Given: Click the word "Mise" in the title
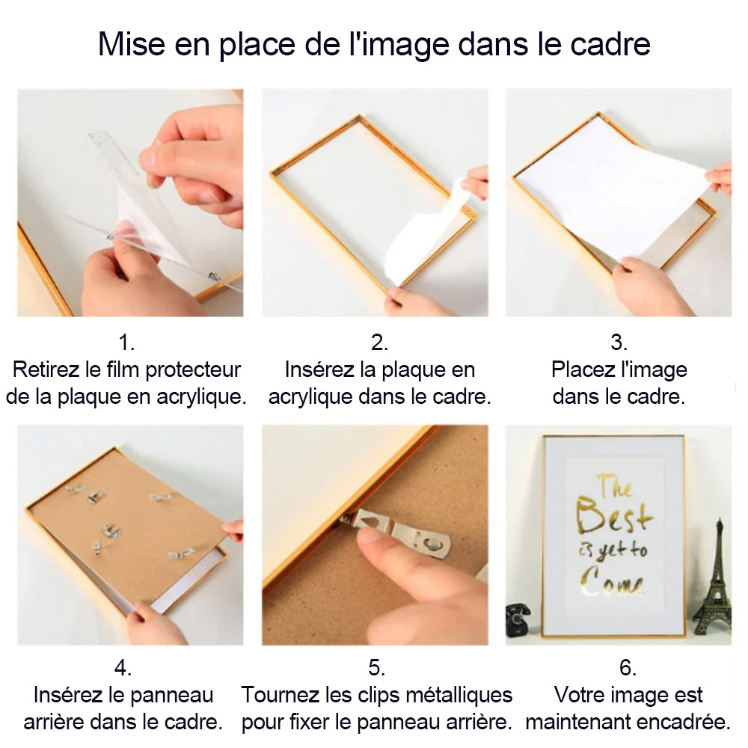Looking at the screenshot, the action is pos(131,44).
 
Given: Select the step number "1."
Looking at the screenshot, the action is pos(126,342).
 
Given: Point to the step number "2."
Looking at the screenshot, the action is pos(379,342).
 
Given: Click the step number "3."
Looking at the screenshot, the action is pos(619,342).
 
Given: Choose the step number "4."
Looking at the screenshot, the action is pos(123,667).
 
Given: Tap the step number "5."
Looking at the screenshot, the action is pos(376,667).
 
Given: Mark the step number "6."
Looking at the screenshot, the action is pos(628,667).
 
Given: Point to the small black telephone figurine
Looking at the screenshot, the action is pos(518,619).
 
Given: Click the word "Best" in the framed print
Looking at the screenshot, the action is pos(613,516).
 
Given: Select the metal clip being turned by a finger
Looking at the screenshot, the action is pos(397,531).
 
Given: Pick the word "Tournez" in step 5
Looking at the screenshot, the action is pos(280,695).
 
